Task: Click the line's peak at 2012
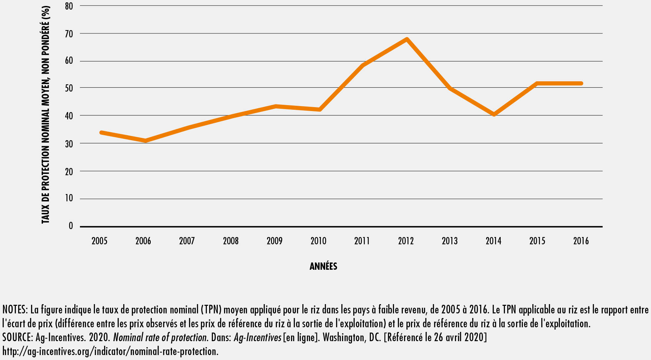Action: tap(407, 39)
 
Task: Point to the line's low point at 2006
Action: tap(145, 141)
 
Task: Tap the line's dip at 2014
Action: tap(494, 114)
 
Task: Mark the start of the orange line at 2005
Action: tap(101, 133)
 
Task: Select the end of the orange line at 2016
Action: tap(581, 83)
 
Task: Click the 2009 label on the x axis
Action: tap(275, 241)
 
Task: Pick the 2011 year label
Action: tap(362, 241)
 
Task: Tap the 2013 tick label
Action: tap(450, 241)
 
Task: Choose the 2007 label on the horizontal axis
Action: tap(187, 241)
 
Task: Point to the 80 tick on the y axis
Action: tap(69, 6)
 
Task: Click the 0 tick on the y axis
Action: tap(71, 226)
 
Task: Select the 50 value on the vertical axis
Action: tap(69, 88)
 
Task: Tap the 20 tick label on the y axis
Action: tap(69, 172)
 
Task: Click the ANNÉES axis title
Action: tap(323, 266)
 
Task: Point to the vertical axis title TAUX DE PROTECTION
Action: tap(46, 114)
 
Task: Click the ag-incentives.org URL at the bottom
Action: tap(110, 351)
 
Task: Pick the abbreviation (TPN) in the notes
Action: tap(211, 310)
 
